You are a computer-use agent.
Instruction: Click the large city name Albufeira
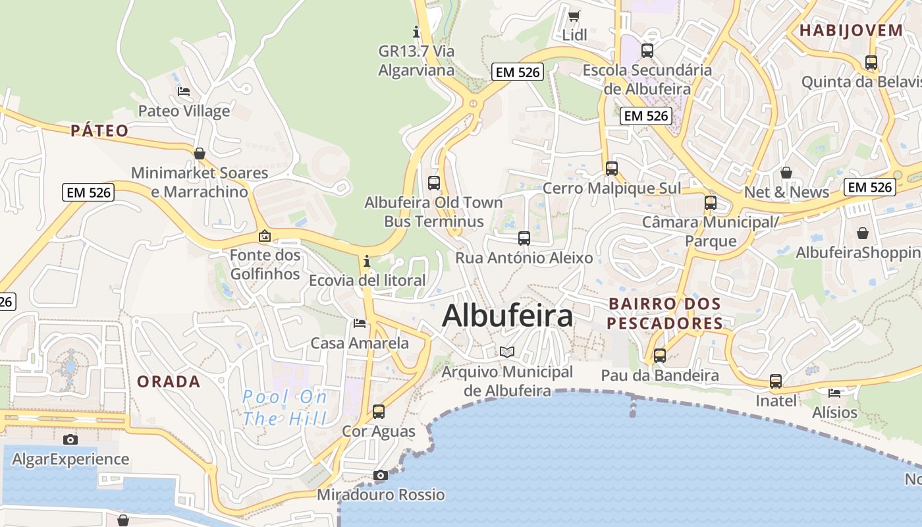click(x=507, y=316)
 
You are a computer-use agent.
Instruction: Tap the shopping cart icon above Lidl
click(x=574, y=16)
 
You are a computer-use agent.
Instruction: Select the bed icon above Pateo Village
click(x=184, y=92)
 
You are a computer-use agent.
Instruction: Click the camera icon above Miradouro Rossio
click(x=380, y=475)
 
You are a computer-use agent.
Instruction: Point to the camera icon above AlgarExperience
click(x=70, y=439)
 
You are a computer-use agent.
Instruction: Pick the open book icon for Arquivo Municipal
click(x=506, y=352)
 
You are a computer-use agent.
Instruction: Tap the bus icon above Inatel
click(x=776, y=381)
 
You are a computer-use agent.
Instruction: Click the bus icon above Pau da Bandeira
click(x=660, y=356)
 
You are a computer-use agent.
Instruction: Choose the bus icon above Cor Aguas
click(x=379, y=412)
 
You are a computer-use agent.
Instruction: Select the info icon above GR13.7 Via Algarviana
click(x=416, y=31)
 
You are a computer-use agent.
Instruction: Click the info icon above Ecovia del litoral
click(x=367, y=262)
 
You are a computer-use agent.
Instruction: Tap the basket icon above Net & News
click(x=786, y=173)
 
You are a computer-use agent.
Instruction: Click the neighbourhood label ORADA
click(x=169, y=381)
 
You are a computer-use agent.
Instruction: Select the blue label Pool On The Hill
click(x=285, y=407)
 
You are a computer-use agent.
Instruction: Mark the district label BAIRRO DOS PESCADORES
click(x=664, y=314)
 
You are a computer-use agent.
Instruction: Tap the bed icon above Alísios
click(x=834, y=393)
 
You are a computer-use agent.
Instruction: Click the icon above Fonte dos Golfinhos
click(x=265, y=235)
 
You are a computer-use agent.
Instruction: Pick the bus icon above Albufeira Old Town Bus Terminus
click(x=434, y=183)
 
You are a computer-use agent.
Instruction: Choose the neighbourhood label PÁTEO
click(x=99, y=130)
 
